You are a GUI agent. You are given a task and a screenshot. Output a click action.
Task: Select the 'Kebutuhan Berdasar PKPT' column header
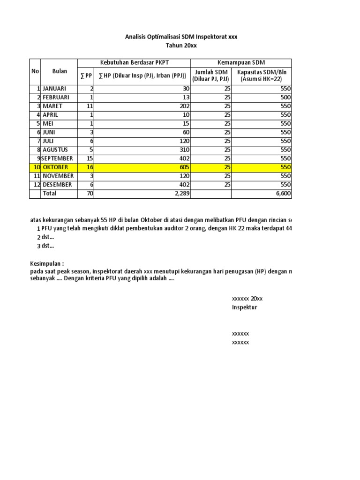coord(134,63)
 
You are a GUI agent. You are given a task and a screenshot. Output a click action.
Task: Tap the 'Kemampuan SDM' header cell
coord(241,63)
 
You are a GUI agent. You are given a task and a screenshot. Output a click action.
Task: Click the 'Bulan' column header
coord(59,72)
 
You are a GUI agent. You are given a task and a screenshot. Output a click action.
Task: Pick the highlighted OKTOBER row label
coord(55,167)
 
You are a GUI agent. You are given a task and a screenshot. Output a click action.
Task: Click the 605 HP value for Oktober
coord(183,167)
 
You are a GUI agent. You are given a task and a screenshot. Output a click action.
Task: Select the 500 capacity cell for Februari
coord(285,97)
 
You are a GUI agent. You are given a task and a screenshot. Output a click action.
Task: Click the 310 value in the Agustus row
coord(183,150)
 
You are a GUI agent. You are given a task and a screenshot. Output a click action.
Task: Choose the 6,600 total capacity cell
coord(283,194)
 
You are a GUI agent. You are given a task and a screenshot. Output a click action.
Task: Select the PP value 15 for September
coord(90,158)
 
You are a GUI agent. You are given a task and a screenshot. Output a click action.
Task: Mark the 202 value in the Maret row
coord(183,106)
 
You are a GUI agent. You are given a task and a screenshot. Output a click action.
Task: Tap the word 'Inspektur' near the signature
coord(245,307)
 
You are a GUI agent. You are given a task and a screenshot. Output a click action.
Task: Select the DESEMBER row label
coord(57,185)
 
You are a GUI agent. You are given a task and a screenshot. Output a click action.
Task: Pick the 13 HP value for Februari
coord(185,97)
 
